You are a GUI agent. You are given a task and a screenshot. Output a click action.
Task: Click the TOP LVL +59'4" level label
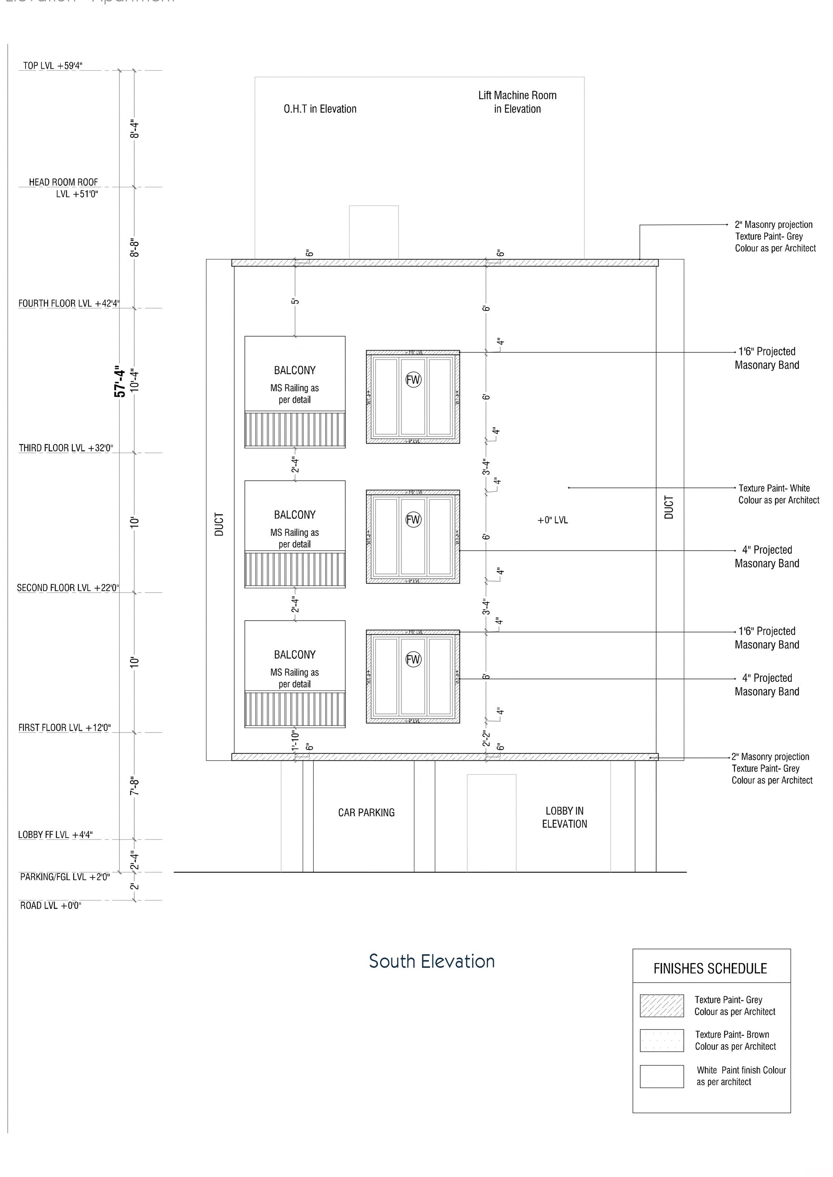tap(53, 66)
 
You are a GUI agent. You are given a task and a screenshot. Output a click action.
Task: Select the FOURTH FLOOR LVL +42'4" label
tap(69, 303)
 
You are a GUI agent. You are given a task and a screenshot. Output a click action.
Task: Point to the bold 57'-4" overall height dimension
tap(120, 381)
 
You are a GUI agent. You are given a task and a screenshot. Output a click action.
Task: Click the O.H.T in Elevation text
tap(320, 109)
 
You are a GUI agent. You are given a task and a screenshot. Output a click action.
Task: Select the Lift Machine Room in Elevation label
tap(517, 102)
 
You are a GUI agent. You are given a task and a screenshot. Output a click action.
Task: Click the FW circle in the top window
tap(413, 380)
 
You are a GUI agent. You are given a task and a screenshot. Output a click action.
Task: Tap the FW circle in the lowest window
tap(413, 659)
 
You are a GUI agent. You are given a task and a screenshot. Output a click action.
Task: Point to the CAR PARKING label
tap(366, 812)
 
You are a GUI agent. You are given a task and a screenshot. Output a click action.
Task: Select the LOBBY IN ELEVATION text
tap(564, 817)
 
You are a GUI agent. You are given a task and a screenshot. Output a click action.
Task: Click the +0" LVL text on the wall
tap(553, 520)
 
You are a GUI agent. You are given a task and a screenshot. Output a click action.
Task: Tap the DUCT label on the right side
tap(669, 507)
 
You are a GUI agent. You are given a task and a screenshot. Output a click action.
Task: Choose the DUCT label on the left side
tap(219, 524)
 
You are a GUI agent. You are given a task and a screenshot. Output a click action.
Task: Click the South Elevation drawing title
tap(432, 961)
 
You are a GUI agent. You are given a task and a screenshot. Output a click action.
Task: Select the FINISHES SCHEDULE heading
tap(710, 969)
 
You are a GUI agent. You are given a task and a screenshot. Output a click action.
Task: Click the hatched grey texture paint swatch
tap(661, 1006)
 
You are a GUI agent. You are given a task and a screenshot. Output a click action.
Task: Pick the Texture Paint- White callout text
tap(779, 494)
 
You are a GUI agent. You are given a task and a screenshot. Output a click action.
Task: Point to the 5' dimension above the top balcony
tap(295, 301)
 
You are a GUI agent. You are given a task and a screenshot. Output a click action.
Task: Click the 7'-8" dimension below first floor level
tap(135, 786)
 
